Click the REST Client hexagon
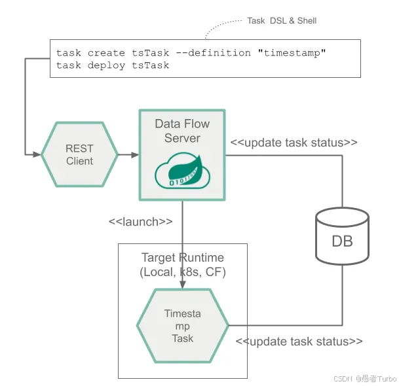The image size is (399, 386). click(79, 155)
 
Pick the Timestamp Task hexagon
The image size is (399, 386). click(182, 326)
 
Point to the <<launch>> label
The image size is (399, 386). click(140, 222)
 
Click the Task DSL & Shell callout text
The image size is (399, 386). click(281, 21)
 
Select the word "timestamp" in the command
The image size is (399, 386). click(294, 53)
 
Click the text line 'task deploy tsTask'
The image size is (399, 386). click(113, 65)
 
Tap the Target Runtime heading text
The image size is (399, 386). click(183, 258)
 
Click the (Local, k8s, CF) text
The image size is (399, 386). click(183, 272)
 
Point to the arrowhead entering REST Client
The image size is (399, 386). click(37, 155)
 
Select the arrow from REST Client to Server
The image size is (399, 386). click(128, 155)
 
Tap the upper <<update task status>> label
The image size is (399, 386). click(294, 143)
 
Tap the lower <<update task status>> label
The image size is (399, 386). click(299, 342)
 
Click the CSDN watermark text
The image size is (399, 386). click(365, 379)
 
